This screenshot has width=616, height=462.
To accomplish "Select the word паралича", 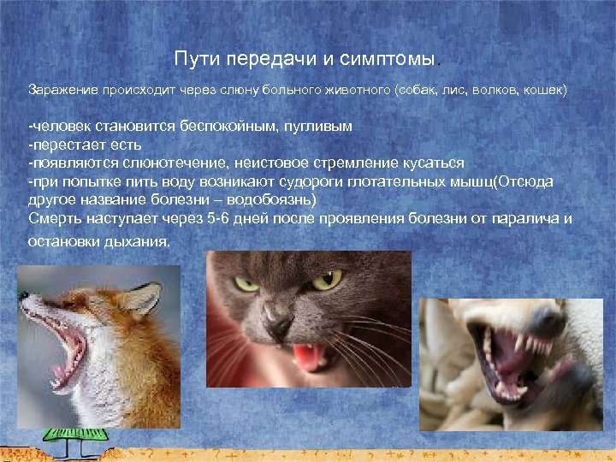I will (520, 219).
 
